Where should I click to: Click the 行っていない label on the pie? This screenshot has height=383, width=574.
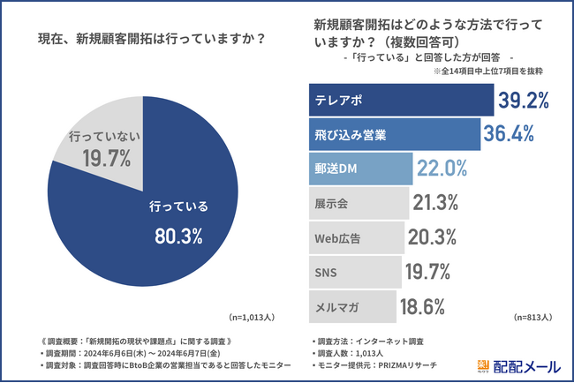pyautogui.click(x=100, y=137)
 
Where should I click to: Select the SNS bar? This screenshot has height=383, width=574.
pyautogui.click(x=354, y=271)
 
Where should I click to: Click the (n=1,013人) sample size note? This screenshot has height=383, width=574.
pyautogui.click(x=253, y=317)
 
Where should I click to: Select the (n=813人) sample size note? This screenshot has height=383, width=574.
pyautogui.click(x=533, y=317)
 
